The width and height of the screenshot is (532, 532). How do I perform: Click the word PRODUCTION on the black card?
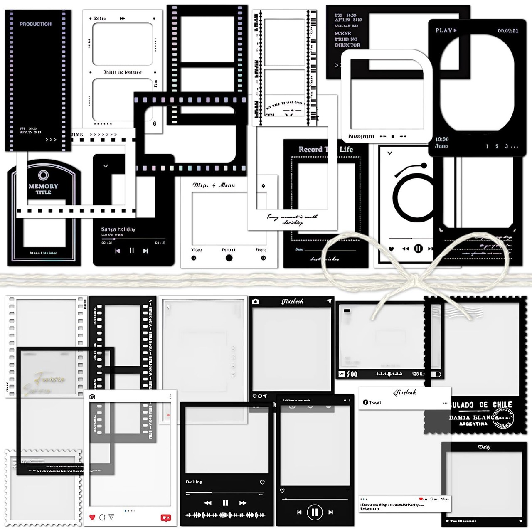[35, 24]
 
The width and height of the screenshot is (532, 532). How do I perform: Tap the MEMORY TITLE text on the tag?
[43, 189]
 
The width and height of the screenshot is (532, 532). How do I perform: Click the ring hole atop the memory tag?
[43, 175]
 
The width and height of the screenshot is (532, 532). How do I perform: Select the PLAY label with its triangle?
[446, 30]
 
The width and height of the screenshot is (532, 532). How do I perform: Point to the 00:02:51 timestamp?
[508, 31]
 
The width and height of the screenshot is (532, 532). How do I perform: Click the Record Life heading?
[325, 149]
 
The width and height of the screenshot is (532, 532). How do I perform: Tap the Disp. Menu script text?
[214, 185]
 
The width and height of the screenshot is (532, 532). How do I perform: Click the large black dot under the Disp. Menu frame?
[229, 258]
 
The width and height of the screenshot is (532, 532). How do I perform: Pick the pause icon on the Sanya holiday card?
[131, 251]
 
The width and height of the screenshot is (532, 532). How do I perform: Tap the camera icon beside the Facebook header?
[256, 301]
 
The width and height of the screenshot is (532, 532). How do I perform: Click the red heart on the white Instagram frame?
[92, 517]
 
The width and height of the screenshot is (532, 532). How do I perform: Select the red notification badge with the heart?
[165, 518]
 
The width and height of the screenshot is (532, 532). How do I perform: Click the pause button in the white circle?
[315, 512]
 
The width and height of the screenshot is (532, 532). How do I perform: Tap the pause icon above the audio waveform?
[225, 503]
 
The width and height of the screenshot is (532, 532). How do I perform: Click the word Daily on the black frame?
[484, 447]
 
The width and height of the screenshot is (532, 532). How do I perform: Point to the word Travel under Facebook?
[374, 403]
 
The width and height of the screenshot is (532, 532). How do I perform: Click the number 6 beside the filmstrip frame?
[155, 123]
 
